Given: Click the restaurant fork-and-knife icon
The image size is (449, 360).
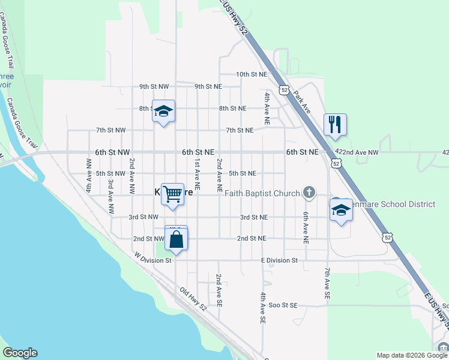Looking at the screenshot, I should click(x=335, y=124).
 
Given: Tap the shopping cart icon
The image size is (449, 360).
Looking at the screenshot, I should click(x=172, y=194).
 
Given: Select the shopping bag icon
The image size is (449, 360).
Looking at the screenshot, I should click(x=176, y=239).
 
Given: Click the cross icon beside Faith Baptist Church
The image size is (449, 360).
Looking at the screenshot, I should click(x=309, y=193).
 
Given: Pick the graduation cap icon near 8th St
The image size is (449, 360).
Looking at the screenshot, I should click(x=163, y=110).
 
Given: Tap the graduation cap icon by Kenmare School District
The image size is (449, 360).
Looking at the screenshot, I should click(x=341, y=209).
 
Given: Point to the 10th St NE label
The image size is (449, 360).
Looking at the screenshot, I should click(x=251, y=74).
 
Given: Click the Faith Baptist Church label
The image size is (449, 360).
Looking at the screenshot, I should click(x=262, y=193).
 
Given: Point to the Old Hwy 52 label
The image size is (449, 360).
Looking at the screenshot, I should click(x=193, y=298).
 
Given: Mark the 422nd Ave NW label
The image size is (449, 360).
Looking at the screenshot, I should click(x=357, y=153).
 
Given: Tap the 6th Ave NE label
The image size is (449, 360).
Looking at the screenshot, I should click(x=306, y=227).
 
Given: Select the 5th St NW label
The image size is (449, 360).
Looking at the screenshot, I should click(x=110, y=173).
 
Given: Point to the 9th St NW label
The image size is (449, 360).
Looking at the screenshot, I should click(x=154, y=86).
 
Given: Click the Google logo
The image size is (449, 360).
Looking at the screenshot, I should click(x=20, y=353).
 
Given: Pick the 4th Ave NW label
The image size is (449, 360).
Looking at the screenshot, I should click(x=89, y=175).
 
